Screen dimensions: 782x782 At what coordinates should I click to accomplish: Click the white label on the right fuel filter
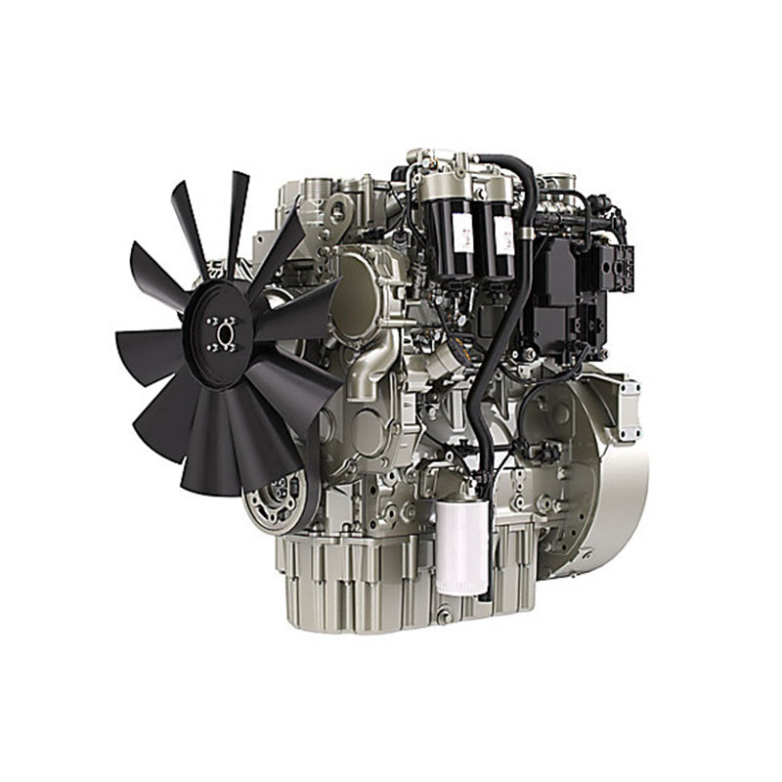tap(504, 235)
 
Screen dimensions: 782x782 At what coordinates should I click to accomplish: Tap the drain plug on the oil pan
tap(445, 616)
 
